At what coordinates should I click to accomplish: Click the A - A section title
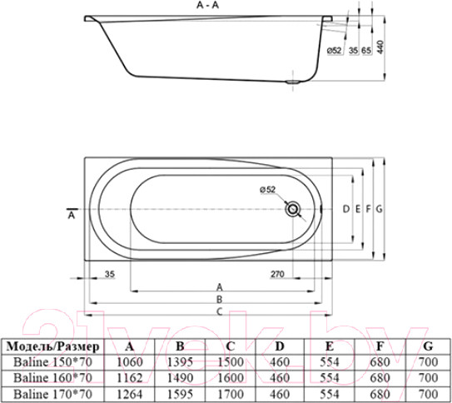coord(207,5)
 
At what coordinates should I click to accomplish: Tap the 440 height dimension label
coord(380,47)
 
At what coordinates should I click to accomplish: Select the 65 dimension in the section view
coord(366,51)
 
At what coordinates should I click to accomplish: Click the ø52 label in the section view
coord(335,51)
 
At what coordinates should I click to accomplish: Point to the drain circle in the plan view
coord(292,209)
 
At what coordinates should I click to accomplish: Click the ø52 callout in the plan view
coord(268,189)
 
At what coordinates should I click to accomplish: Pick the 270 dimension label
coord(277,274)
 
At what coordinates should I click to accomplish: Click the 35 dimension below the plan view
coord(110,274)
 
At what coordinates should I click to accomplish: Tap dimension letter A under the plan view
coord(220,287)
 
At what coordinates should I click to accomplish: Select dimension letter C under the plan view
coord(220,311)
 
